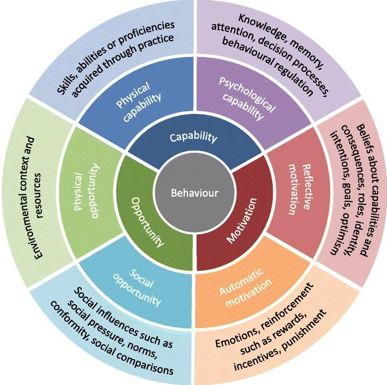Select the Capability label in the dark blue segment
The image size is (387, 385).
pos(193,137)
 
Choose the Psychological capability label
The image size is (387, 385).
pos(247,96)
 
